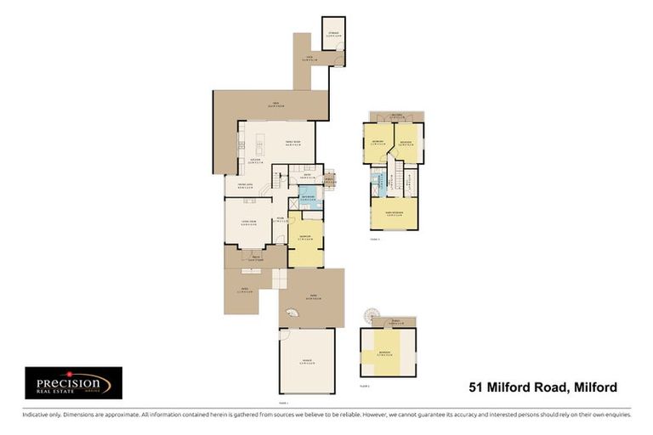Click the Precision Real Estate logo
pos(73,383)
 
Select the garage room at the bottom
pos(307,362)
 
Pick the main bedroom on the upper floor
pos(394,213)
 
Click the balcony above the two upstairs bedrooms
pos(395,116)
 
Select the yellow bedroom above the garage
pos(388,353)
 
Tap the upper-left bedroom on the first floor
pos(378,143)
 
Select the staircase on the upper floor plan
pos(395,180)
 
